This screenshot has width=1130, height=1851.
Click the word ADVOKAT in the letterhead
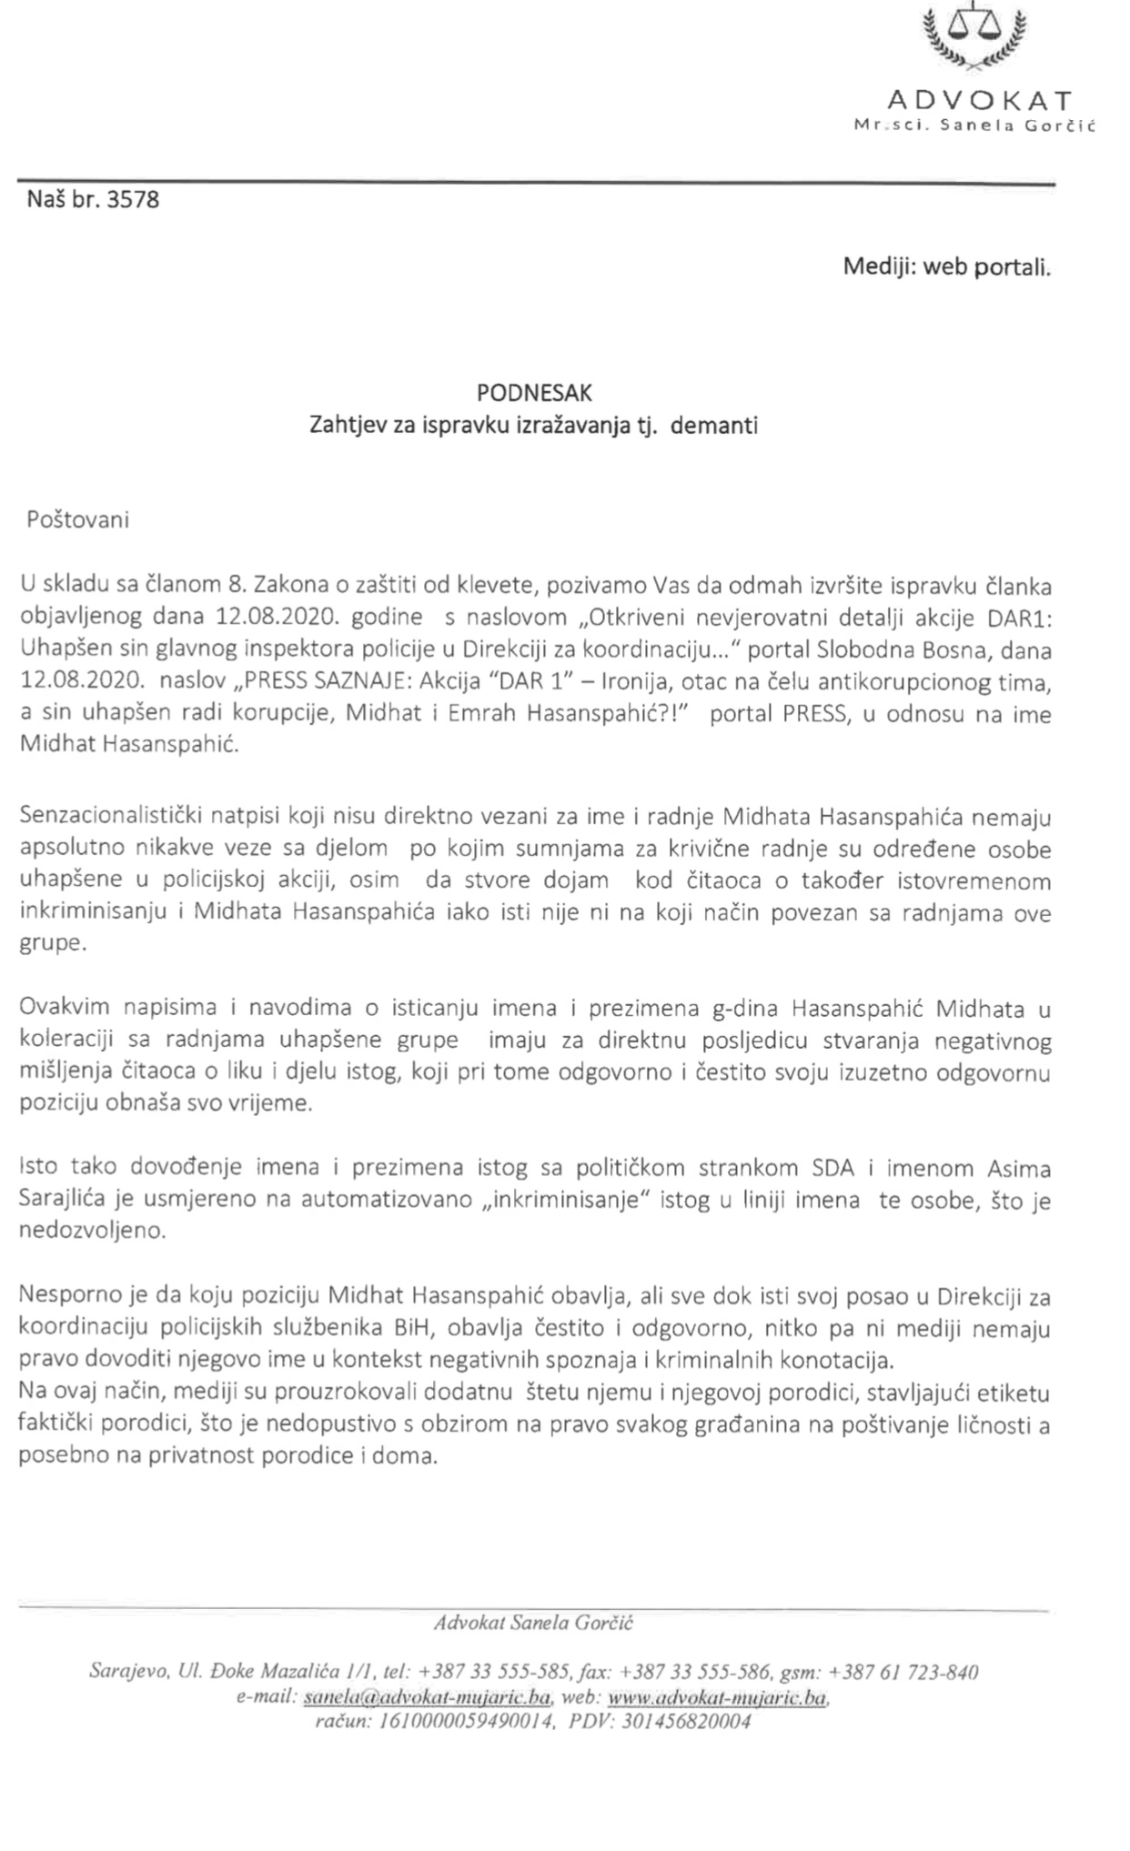979,99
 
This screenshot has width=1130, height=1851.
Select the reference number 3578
133,199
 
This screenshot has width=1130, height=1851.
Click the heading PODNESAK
534,393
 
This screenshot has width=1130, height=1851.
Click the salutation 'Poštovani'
78,520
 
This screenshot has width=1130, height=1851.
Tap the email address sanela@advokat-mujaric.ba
427,1697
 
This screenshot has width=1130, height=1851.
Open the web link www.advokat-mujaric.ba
717,1697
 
